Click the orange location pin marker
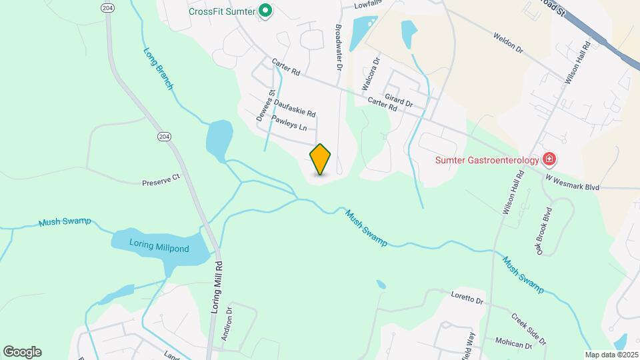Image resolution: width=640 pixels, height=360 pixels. [x=320, y=159]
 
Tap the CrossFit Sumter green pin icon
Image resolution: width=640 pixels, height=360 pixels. [x=265, y=11]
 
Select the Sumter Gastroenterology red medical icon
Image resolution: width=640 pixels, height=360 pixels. [x=549, y=159]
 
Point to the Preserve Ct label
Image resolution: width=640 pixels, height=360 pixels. [x=161, y=181]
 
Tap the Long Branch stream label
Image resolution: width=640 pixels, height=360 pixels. [x=159, y=68]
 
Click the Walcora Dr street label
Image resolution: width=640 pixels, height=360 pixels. [x=370, y=73]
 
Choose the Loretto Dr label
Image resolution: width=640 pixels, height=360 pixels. [x=467, y=298]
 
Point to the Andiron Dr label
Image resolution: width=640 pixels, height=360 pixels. [x=227, y=323]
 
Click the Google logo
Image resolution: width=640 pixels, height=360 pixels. [x=22, y=352]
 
